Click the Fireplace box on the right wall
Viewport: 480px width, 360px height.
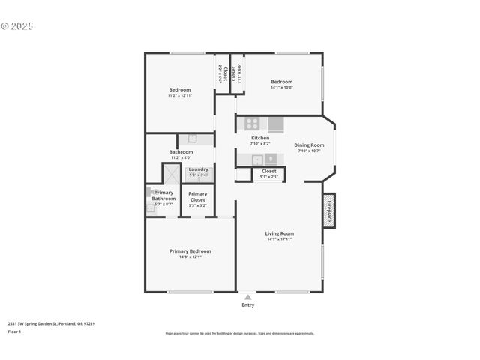point(328,211)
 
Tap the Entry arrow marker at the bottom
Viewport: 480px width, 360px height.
point(247,297)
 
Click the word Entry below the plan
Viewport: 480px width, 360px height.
point(247,304)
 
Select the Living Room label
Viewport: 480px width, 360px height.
point(279,233)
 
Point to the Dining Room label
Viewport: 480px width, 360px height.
point(309,145)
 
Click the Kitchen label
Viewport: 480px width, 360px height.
point(259,139)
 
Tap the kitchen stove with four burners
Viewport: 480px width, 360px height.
point(253,124)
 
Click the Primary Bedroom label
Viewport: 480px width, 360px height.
point(190,251)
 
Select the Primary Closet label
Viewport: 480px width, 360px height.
point(198,196)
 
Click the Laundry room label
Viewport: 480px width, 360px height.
point(198,169)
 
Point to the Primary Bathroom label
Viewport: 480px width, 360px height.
point(163,196)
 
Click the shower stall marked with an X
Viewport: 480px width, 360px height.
point(171,175)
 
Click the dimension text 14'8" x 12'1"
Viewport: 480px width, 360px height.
point(190,257)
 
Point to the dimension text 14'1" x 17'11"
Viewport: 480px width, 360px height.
point(279,239)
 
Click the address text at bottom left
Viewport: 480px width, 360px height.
point(51,323)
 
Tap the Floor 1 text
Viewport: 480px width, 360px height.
point(13,331)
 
